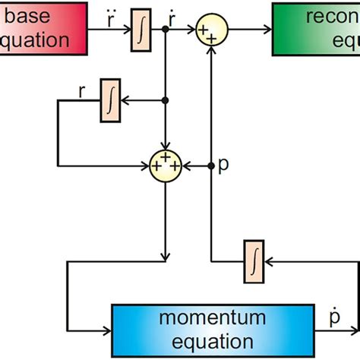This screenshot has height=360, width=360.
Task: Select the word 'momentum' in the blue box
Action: click(212, 318)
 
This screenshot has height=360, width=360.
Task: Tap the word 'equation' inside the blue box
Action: click(212, 342)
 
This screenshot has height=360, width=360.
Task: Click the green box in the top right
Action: click(316, 28)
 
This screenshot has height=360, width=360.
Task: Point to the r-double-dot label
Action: click(112, 16)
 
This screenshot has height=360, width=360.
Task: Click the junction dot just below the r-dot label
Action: click(166, 31)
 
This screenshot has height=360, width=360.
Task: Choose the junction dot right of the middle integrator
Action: click(166, 99)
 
